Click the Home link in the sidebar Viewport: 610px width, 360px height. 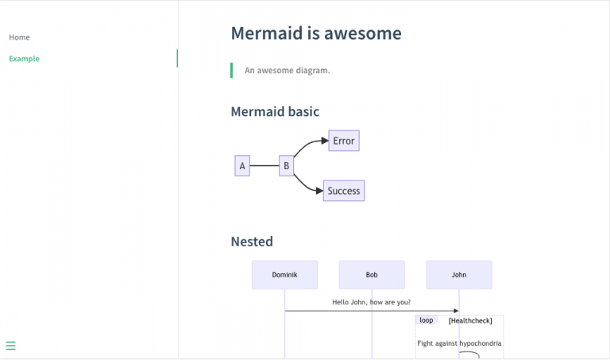tap(19, 37)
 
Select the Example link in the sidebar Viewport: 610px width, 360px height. tap(24, 59)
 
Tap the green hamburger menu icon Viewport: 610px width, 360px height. tap(11, 346)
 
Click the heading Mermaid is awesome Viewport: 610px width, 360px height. tap(315, 33)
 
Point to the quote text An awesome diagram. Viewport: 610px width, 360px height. tap(287, 71)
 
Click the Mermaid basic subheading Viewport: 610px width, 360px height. tap(275, 112)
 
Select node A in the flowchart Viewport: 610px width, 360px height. tap(242, 166)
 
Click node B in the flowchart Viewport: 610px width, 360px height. tap(286, 166)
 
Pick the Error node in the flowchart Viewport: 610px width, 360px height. tap(344, 141)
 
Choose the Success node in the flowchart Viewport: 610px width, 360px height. tap(344, 191)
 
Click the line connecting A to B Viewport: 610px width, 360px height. tap(264, 166)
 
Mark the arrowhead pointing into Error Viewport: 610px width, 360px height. tap(324, 141)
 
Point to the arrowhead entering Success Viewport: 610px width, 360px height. tap(319, 191)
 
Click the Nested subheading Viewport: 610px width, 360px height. tap(252, 242)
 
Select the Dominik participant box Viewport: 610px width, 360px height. tap(284, 275)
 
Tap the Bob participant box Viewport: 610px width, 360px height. tap(372, 275)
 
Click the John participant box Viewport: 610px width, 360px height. tap(459, 275)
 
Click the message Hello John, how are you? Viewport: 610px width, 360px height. tap(371, 302)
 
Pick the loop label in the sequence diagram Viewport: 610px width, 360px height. tap(427, 320)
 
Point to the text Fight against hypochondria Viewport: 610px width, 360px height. tap(459, 343)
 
